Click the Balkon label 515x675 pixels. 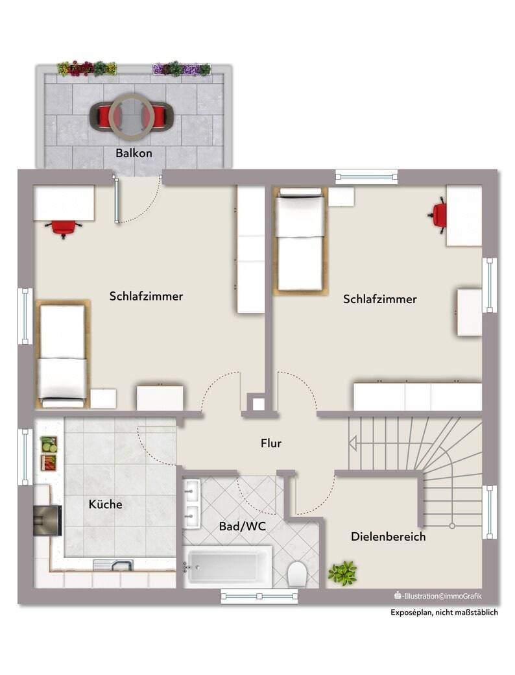point(134,153)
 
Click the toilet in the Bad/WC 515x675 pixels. point(297,574)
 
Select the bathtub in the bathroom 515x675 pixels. point(228,567)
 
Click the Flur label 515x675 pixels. point(271,443)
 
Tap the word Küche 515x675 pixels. point(106,504)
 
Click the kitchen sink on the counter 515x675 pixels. point(114,565)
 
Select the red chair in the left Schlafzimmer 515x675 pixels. point(64,228)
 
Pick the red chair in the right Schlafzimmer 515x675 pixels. point(437,215)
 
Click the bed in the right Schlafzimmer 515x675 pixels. point(300,241)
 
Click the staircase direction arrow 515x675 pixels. point(353,443)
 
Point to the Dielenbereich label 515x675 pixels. point(389,536)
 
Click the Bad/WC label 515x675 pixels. point(242,526)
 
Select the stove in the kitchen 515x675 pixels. point(48,521)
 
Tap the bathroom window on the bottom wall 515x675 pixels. point(259,596)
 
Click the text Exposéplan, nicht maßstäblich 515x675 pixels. point(444,612)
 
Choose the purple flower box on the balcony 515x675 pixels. point(182,69)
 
